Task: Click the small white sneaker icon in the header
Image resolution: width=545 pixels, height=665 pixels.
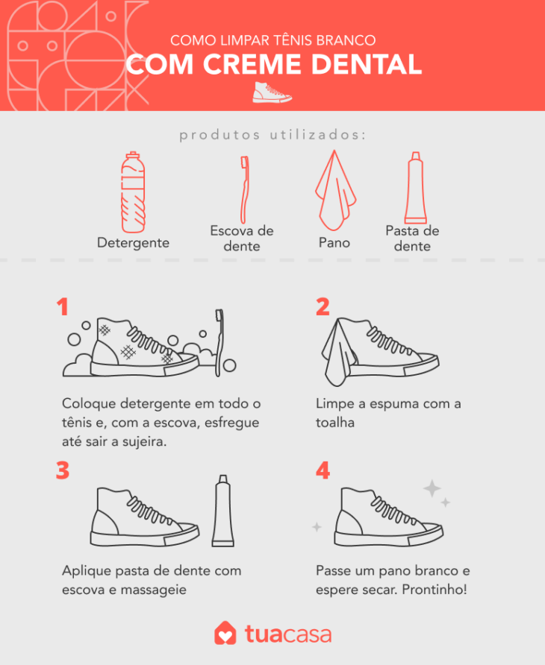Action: (x=272, y=92)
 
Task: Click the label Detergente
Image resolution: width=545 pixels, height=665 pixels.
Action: (x=133, y=243)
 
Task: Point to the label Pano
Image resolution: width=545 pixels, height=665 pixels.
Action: (x=334, y=243)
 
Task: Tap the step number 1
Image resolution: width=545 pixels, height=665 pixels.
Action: (x=63, y=307)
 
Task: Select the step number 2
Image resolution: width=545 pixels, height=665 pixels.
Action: (x=323, y=307)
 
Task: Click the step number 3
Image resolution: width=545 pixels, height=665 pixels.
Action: (x=63, y=471)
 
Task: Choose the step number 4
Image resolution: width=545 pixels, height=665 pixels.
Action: (x=323, y=471)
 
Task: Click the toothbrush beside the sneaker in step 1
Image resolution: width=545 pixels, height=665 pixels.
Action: (x=219, y=343)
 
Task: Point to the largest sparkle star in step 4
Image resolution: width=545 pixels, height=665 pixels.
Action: (x=432, y=489)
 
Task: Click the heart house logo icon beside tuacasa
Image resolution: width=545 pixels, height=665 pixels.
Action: (x=225, y=634)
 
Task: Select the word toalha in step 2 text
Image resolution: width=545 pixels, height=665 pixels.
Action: (x=334, y=422)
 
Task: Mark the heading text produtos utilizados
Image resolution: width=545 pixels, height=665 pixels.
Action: (x=272, y=135)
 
